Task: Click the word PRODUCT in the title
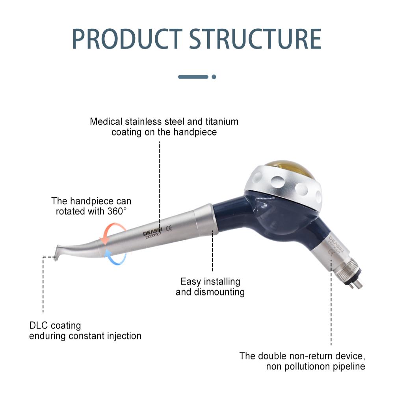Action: [127, 39]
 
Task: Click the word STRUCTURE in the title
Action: [255, 39]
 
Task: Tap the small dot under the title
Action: [214, 77]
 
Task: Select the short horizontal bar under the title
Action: [193, 77]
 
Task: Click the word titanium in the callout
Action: [222, 122]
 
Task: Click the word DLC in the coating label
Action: [39, 325]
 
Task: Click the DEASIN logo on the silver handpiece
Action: [152, 231]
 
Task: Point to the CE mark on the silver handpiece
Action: [169, 228]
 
